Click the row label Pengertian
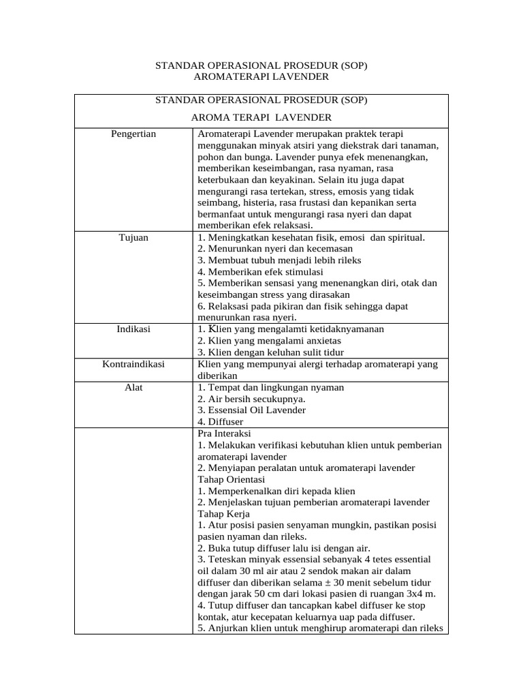pyautogui.click(x=133, y=134)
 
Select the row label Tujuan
pyautogui.click(x=133, y=237)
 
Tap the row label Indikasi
pyautogui.click(x=133, y=329)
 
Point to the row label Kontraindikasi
pyautogui.click(x=133, y=364)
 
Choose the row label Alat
pyautogui.click(x=133, y=387)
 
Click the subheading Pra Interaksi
pyautogui.click(x=225, y=434)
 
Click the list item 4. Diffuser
pyautogui.click(x=220, y=422)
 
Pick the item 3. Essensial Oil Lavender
pyautogui.click(x=251, y=410)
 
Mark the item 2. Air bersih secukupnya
pyautogui.click(x=251, y=399)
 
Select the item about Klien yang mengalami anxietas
pyautogui.click(x=269, y=341)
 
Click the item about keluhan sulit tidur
pyautogui.click(x=270, y=352)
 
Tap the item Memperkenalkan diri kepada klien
pyautogui.click(x=276, y=491)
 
